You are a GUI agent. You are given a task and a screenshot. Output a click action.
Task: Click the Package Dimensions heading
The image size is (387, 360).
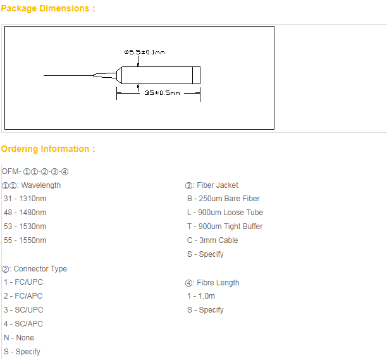pyautogui.click(x=48, y=8)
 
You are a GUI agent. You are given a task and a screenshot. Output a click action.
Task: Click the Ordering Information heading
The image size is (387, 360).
pyautogui.click(x=48, y=149)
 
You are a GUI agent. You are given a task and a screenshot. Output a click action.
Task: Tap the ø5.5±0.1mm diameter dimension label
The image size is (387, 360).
pyautogui.click(x=144, y=52)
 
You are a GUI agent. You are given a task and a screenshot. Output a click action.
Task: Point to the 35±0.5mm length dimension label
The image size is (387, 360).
pyautogui.click(x=162, y=93)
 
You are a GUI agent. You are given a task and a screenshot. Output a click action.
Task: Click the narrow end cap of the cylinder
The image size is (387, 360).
pyautogui.click(x=196, y=75)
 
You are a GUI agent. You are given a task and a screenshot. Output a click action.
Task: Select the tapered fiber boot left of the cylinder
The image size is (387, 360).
pyautogui.click(x=105, y=75)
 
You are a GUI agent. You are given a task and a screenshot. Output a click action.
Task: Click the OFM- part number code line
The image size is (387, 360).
pyautogui.click(x=35, y=171)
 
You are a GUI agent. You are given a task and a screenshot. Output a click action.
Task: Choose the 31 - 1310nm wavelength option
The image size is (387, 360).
pyautogui.click(x=25, y=199)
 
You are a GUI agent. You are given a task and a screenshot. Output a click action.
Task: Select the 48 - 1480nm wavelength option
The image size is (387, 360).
pyautogui.click(x=25, y=213)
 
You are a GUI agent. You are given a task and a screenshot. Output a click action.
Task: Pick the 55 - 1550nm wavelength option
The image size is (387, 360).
pyautogui.click(x=25, y=240)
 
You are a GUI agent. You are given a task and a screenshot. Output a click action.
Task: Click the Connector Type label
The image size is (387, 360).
pyautogui.click(x=34, y=269)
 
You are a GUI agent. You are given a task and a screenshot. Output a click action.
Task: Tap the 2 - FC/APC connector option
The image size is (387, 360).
pyautogui.click(x=23, y=296)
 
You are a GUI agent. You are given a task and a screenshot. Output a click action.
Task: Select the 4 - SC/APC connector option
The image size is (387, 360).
pyautogui.click(x=23, y=324)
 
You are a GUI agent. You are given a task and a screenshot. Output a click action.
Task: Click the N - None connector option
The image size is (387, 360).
pyautogui.click(x=19, y=337)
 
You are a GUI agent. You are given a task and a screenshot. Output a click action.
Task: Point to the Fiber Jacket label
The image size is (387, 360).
pyautogui.click(x=211, y=185)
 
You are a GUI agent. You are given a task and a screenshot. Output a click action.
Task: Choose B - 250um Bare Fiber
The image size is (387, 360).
pyautogui.click(x=223, y=199)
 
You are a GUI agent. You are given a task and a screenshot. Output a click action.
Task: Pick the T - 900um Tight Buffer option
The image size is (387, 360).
pyautogui.click(x=225, y=227)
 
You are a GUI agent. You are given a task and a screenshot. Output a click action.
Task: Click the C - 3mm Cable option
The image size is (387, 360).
pyautogui.click(x=212, y=240)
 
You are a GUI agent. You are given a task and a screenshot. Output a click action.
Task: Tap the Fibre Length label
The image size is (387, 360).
pyautogui.click(x=212, y=283)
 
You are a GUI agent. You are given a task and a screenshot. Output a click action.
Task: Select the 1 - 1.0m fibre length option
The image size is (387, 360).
pyautogui.click(x=201, y=296)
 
